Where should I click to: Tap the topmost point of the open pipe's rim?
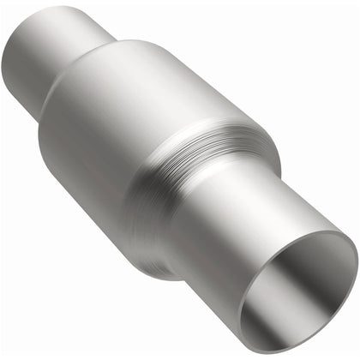[x=326, y=232]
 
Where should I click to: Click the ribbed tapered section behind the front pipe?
[x=214, y=163]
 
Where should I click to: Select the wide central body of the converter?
[x=129, y=129]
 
